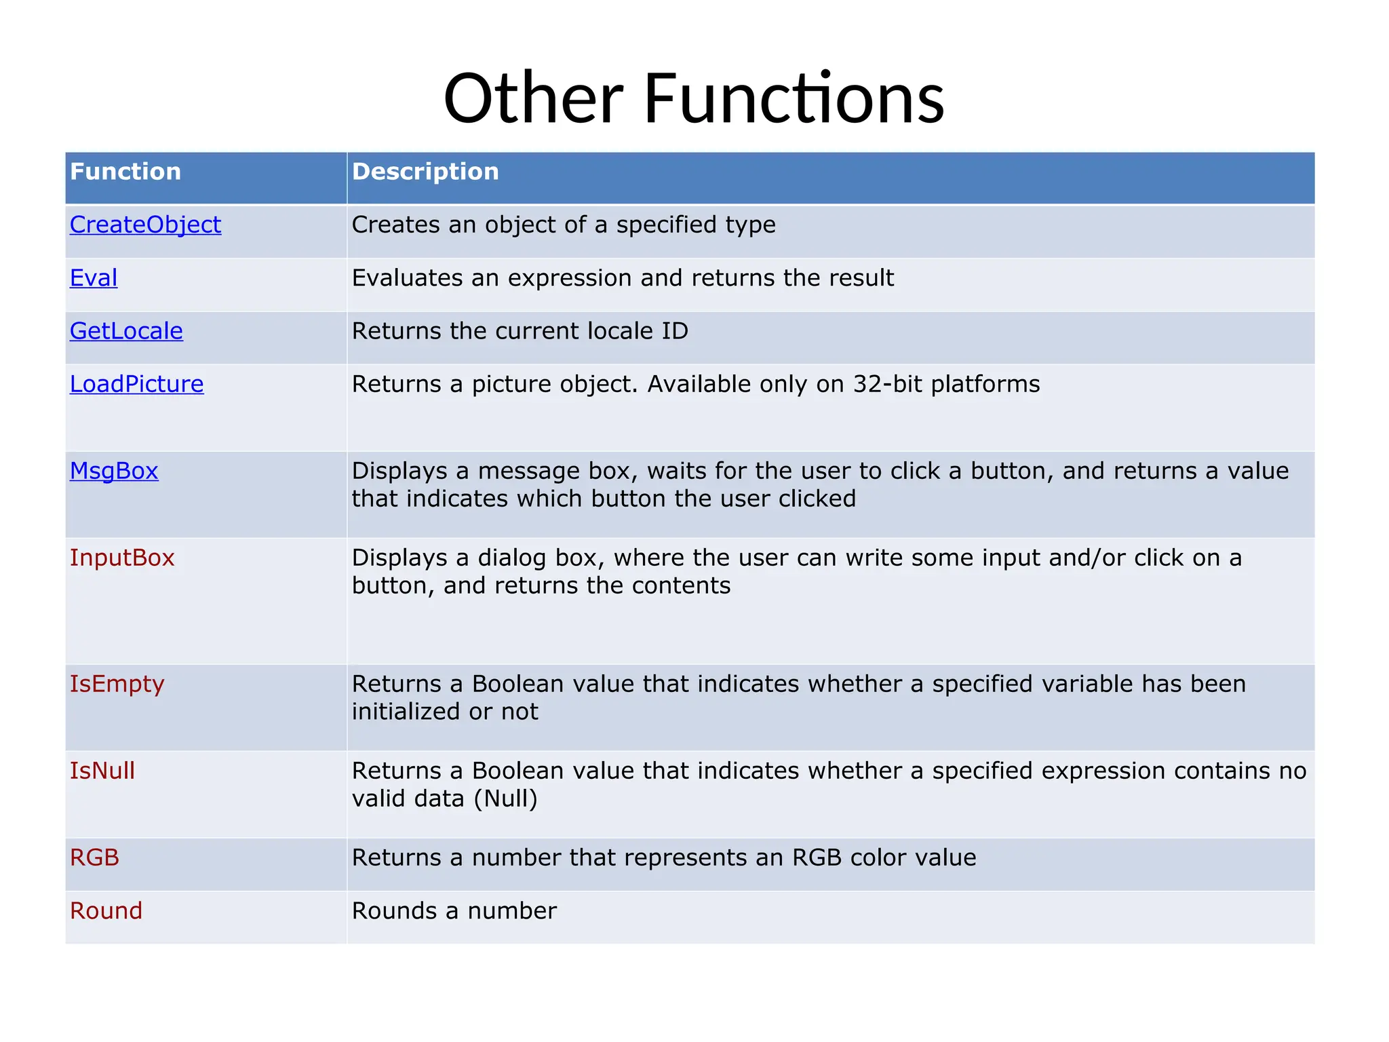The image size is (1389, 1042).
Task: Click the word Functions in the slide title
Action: tap(794, 99)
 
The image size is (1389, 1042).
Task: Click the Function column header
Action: tap(125, 172)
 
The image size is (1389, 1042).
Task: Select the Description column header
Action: tap(425, 172)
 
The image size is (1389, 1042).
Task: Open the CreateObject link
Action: tap(145, 225)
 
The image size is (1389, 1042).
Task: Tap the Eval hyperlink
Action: tap(94, 278)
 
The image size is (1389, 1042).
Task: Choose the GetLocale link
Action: tap(126, 331)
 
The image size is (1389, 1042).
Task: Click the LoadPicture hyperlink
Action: tap(136, 384)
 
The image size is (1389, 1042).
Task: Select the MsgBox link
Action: tap(114, 471)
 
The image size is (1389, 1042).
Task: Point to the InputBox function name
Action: tap(122, 558)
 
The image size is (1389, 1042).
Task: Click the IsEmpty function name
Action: tap(117, 684)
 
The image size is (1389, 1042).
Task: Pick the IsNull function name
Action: tap(102, 771)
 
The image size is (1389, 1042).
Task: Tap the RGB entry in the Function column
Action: tap(94, 857)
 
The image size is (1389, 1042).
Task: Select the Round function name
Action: tap(106, 910)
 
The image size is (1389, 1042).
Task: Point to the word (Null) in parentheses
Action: tap(505, 798)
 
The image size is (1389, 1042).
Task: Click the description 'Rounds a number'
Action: tap(454, 910)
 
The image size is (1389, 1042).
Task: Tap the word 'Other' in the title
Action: tap(533, 99)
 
